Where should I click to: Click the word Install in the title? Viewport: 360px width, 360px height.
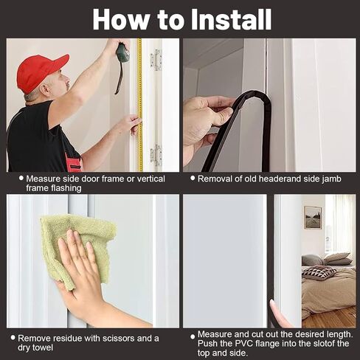231,20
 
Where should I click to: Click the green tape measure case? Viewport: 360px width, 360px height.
122,52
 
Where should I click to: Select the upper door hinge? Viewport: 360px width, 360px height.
156,60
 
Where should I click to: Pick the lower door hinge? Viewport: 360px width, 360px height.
156,155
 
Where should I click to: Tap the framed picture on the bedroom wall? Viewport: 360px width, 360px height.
313,218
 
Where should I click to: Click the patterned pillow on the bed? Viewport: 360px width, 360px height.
319,272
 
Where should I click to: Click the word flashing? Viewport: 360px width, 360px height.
66,188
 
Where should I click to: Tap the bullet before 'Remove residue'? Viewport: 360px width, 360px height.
13,337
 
